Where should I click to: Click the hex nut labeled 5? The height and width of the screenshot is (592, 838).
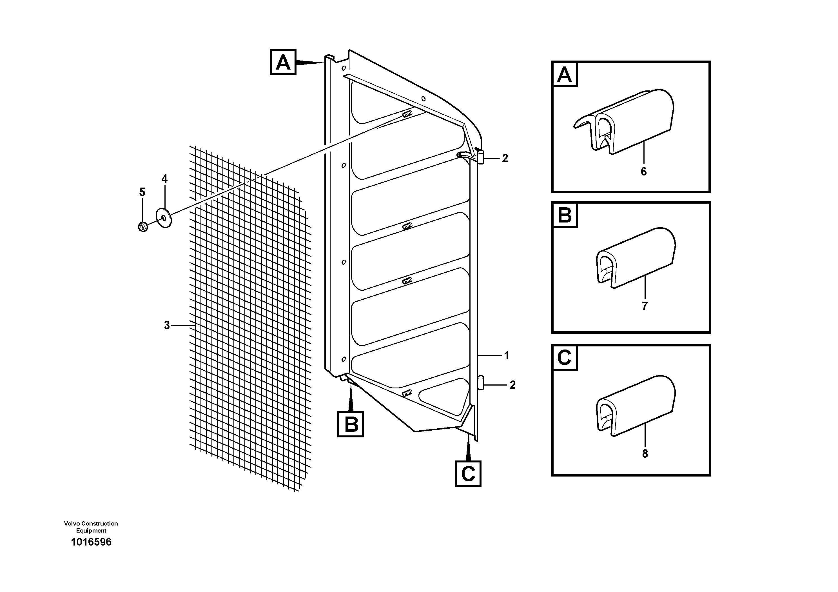143,227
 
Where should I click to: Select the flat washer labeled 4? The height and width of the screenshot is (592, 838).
164,218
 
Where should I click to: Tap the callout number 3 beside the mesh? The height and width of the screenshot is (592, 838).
167,325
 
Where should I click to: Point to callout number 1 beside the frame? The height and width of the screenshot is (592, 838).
507,355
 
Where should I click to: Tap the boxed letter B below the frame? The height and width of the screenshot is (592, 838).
350,424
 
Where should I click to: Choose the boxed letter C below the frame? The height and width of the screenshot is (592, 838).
468,473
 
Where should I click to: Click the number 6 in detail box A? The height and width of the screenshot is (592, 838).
643,171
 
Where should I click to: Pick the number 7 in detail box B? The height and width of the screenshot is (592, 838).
645,306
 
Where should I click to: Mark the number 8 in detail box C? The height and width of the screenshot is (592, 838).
645,453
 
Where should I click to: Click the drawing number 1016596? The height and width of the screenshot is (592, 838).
91,542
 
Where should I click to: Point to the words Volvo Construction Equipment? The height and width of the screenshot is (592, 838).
91,527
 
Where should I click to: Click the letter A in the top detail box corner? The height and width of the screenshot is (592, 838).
565,75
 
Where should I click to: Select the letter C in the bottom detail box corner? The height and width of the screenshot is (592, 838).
564,358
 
